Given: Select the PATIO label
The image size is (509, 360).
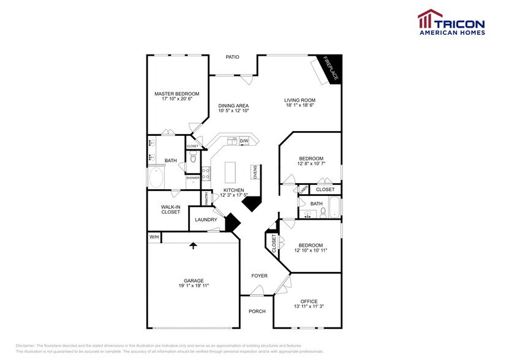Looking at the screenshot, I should [x=232, y=57].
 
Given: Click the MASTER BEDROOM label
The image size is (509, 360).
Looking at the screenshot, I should [x=177, y=94].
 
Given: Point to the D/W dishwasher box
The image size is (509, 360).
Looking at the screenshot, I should [x=244, y=141].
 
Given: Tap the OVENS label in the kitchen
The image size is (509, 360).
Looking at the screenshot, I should [x=254, y=172].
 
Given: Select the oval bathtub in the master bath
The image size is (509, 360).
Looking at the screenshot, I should [x=156, y=178].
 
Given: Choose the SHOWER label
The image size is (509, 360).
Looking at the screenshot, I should [x=193, y=178].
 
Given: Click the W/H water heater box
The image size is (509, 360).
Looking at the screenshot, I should [x=153, y=237].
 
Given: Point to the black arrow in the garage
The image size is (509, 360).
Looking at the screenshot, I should [x=194, y=246].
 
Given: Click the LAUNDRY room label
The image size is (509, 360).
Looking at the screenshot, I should [x=206, y=219].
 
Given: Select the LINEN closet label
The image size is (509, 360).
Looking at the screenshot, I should [x=303, y=190].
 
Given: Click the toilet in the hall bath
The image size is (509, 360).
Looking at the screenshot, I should [x=323, y=212].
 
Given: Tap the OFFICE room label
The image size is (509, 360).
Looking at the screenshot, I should [x=309, y=301].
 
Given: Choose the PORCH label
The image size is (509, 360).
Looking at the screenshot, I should [x=257, y=311].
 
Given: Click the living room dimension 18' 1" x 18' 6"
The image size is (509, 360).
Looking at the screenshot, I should [x=299, y=105].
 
